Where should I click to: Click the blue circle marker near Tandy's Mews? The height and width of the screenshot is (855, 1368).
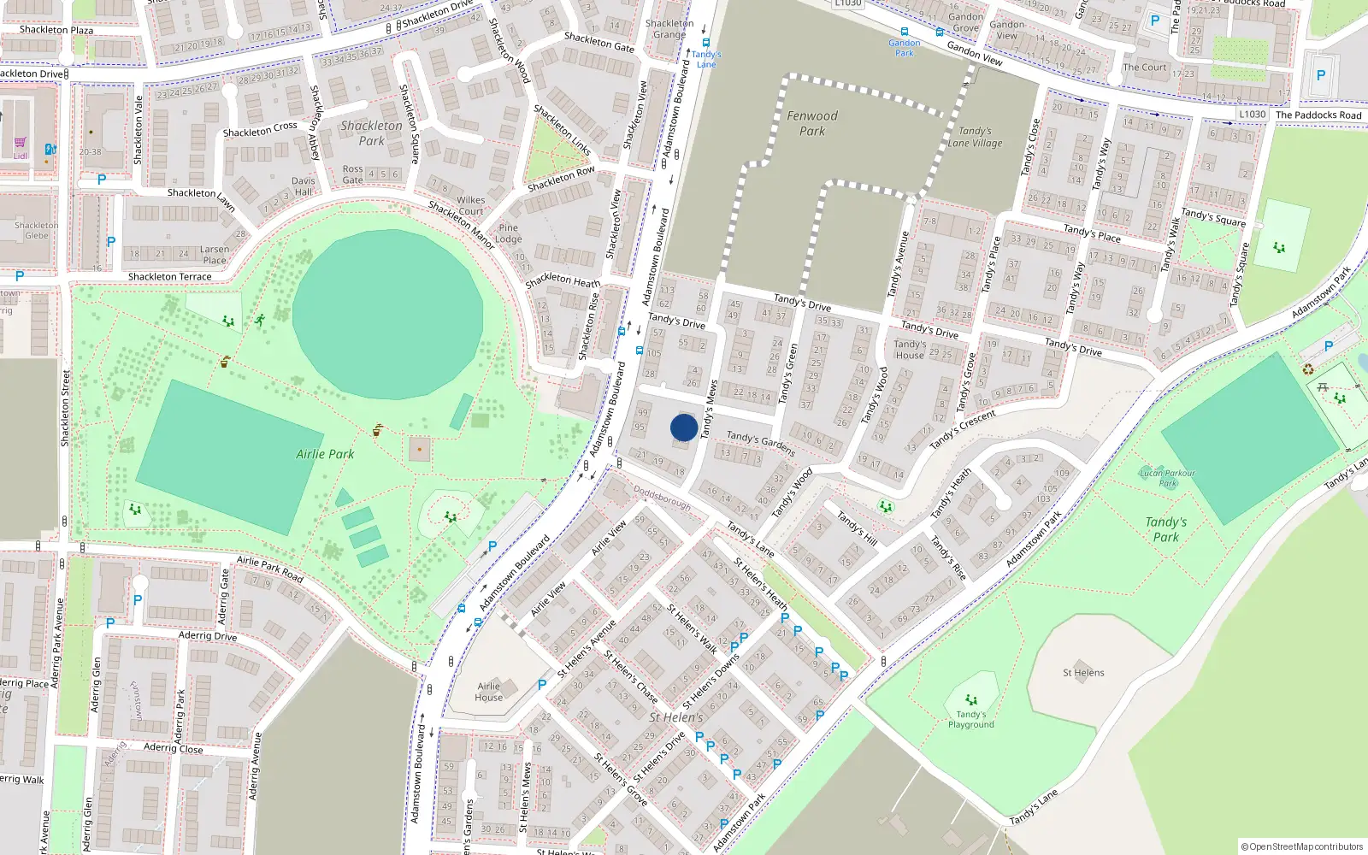click(x=684, y=427)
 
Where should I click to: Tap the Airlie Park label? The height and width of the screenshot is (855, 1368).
click(x=325, y=454)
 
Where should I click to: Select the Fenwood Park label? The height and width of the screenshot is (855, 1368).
click(x=812, y=123)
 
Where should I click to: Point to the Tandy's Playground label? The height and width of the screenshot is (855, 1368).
click(x=970, y=719)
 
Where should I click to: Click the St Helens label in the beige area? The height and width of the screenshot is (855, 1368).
click(x=1083, y=673)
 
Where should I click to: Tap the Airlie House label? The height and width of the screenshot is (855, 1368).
click(x=489, y=692)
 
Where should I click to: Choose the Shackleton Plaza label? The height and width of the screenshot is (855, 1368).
click(x=56, y=30)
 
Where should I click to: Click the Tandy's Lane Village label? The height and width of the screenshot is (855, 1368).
click(x=975, y=137)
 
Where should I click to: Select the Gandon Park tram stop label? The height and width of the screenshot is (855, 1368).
click(x=904, y=48)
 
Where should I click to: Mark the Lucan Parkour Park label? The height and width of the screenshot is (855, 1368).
click(x=1167, y=477)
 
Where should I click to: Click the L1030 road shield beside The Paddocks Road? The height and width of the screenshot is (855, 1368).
click(x=1253, y=115)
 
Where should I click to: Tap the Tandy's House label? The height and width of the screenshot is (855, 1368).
click(x=910, y=350)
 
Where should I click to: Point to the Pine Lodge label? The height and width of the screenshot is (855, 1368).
click(x=508, y=233)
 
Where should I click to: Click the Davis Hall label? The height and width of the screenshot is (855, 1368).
click(x=304, y=186)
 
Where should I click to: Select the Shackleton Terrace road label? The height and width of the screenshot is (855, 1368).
click(x=169, y=277)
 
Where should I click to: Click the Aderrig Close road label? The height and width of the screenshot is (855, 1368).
click(x=174, y=748)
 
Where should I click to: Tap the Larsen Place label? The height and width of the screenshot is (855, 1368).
click(x=215, y=255)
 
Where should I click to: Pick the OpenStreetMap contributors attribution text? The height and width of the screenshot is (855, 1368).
click(x=1301, y=846)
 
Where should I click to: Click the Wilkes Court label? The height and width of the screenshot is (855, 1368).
click(x=470, y=206)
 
